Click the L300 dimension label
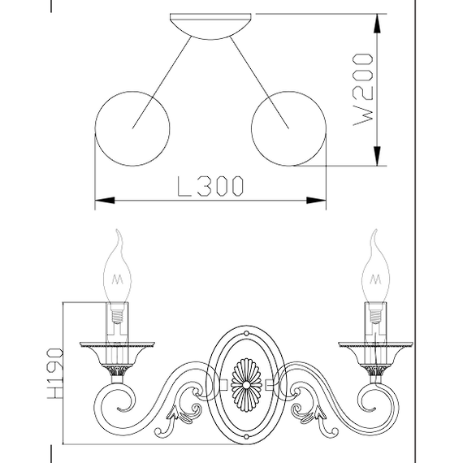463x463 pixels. pos(210,187)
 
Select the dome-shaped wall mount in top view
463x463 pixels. pos(210,25)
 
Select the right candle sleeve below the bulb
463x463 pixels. pos(374,321)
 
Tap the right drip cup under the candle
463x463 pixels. pos(374,351)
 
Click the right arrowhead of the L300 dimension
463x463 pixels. pos(321,200)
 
